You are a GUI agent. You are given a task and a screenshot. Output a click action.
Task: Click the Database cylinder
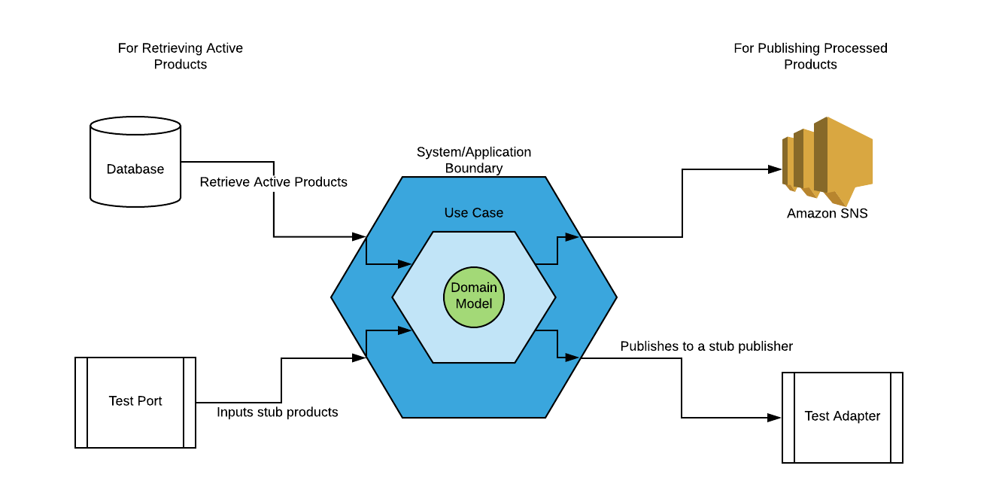pyautogui.click(x=135, y=161)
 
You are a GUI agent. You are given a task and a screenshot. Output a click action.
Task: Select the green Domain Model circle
pyautogui.click(x=474, y=297)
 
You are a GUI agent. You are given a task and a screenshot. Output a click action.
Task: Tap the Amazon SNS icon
pyautogui.click(x=827, y=160)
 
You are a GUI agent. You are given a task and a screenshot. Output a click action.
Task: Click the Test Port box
pyautogui.click(x=135, y=402)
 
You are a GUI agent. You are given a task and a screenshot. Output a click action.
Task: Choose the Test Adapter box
pyautogui.click(x=843, y=417)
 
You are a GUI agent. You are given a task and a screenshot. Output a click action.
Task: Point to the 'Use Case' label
pyautogui.click(x=474, y=213)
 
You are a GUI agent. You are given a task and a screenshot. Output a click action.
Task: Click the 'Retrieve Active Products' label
pyautogui.click(x=274, y=182)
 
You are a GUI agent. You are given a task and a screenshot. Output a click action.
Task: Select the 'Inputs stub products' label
pyautogui.click(x=278, y=412)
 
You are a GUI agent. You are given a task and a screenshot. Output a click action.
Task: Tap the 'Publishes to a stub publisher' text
pyautogui.click(x=706, y=346)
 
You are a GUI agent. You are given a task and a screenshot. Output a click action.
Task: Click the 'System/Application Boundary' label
pyautogui.click(x=474, y=160)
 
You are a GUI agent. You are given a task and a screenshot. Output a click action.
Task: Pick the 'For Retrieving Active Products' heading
pyautogui.click(x=181, y=56)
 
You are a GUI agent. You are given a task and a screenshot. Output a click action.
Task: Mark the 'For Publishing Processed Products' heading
pyautogui.click(x=810, y=56)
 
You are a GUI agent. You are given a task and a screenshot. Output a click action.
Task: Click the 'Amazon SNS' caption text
pyautogui.click(x=827, y=214)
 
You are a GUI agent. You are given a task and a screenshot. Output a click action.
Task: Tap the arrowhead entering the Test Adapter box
pyautogui.click(x=775, y=417)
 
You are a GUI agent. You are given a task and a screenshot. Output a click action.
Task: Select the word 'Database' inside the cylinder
pyautogui.click(x=135, y=169)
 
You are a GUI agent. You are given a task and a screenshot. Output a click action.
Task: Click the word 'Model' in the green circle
pyautogui.click(x=474, y=304)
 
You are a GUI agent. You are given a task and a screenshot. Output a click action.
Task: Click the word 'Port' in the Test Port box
pyautogui.click(x=150, y=401)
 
